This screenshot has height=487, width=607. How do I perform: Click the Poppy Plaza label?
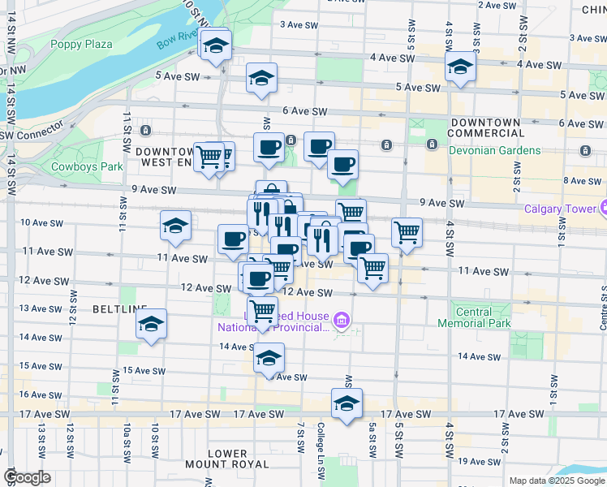pyautogui.click(x=81, y=44)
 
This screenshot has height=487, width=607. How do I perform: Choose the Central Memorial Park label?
pyautogui.click(x=474, y=317)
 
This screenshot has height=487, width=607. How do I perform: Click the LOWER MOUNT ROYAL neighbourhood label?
pyautogui.click(x=226, y=458)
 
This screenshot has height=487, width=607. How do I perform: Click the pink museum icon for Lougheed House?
pyautogui.click(x=341, y=323)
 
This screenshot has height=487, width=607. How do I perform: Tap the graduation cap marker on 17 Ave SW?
pyautogui.click(x=347, y=403)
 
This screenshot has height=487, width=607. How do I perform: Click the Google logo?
pyautogui.click(x=28, y=477)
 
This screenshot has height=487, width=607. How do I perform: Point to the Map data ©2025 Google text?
pyautogui.click(x=557, y=481)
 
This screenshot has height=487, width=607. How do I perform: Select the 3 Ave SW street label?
pyautogui.click(x=299, y=24)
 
